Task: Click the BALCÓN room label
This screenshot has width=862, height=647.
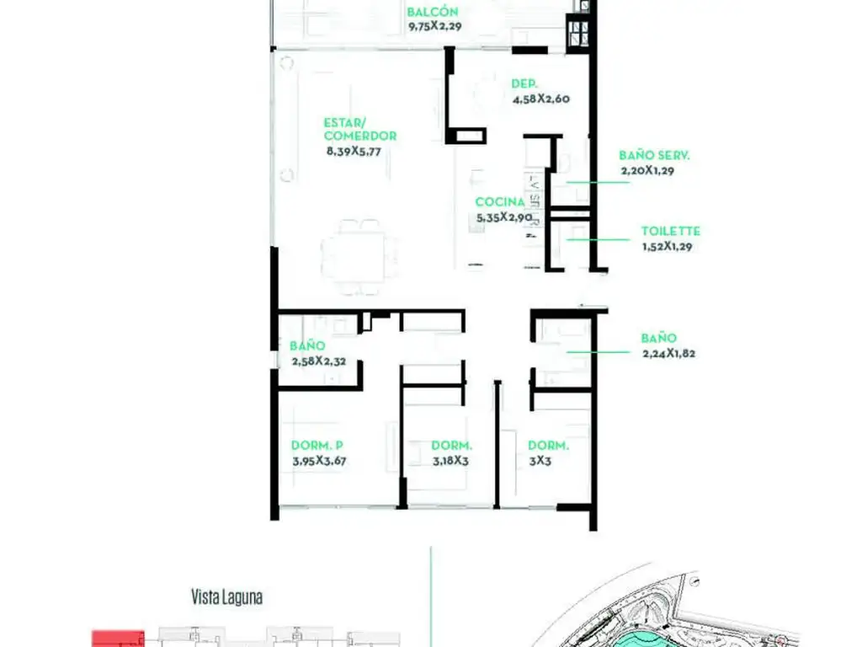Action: tap(433, 12)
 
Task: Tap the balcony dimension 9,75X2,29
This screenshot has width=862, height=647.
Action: tap(435, 26)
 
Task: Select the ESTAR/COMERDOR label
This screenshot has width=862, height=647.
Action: tap(360, 129)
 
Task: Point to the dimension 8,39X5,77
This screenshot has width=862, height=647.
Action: tap(354, 152)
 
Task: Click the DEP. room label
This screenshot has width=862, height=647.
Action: tap(524, 83)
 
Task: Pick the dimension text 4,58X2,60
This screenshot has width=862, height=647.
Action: tap(541, 99)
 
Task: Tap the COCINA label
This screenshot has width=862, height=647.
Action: tap(500, 202)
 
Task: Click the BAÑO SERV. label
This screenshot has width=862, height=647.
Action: tap(654, 155)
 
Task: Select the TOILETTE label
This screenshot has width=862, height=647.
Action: tap(671, 231)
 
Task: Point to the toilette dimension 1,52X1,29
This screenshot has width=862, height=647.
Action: tap(667, 247)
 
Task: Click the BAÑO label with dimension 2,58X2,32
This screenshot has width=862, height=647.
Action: tap(307, 345)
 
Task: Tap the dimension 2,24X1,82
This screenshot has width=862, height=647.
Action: tap(668, 353)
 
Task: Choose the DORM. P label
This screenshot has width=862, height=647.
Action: tap(317, 445)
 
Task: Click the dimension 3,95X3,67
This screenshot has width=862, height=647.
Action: tap(319, 461)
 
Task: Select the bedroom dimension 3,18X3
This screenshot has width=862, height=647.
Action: tap(451, 461)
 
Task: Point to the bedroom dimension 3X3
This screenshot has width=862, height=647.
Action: tap(540, 461)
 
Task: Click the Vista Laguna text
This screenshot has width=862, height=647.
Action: tap(226, 597)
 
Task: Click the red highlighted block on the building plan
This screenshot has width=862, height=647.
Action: tap(118, 639)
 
